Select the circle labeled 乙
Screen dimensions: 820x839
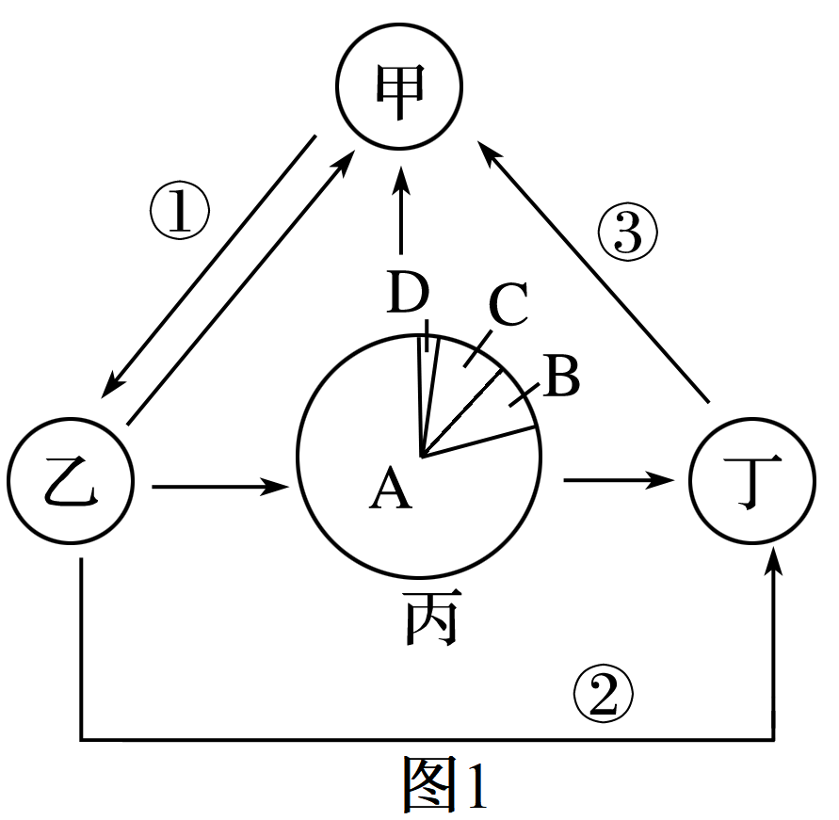coord(71,486)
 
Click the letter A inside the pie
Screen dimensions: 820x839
coord(391,490)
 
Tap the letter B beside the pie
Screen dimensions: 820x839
coord(562,379)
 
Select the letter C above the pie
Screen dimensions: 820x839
coord(508,308)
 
